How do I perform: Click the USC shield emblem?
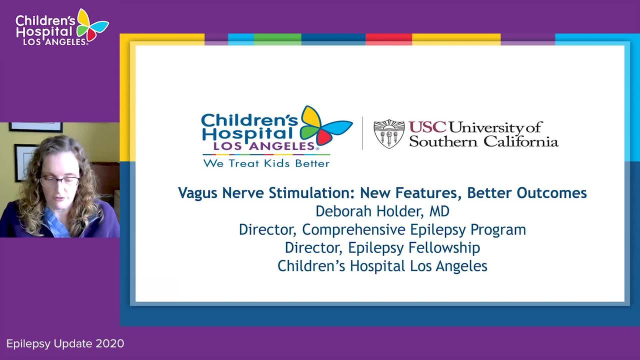tap(389, 133)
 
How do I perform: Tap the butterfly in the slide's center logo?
tap(325, 125)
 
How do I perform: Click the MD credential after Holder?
tap(439, 211)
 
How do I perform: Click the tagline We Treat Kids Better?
tap(266, 163)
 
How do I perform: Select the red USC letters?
tap(427, 127)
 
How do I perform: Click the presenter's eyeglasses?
tap(59, 181)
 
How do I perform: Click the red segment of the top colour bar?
tap(389, 39)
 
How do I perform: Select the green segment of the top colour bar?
tap(277, 39)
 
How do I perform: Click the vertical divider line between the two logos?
tap(362, 133)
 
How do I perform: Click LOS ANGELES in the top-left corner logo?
tap(54, 42)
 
